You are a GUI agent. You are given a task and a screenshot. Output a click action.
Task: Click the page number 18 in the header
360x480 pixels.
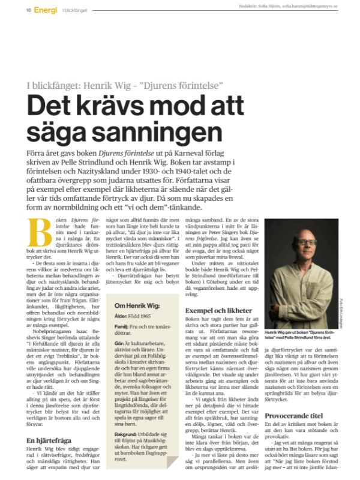[28, 10]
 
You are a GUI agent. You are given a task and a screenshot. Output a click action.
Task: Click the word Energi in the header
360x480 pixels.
[46, 10]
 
